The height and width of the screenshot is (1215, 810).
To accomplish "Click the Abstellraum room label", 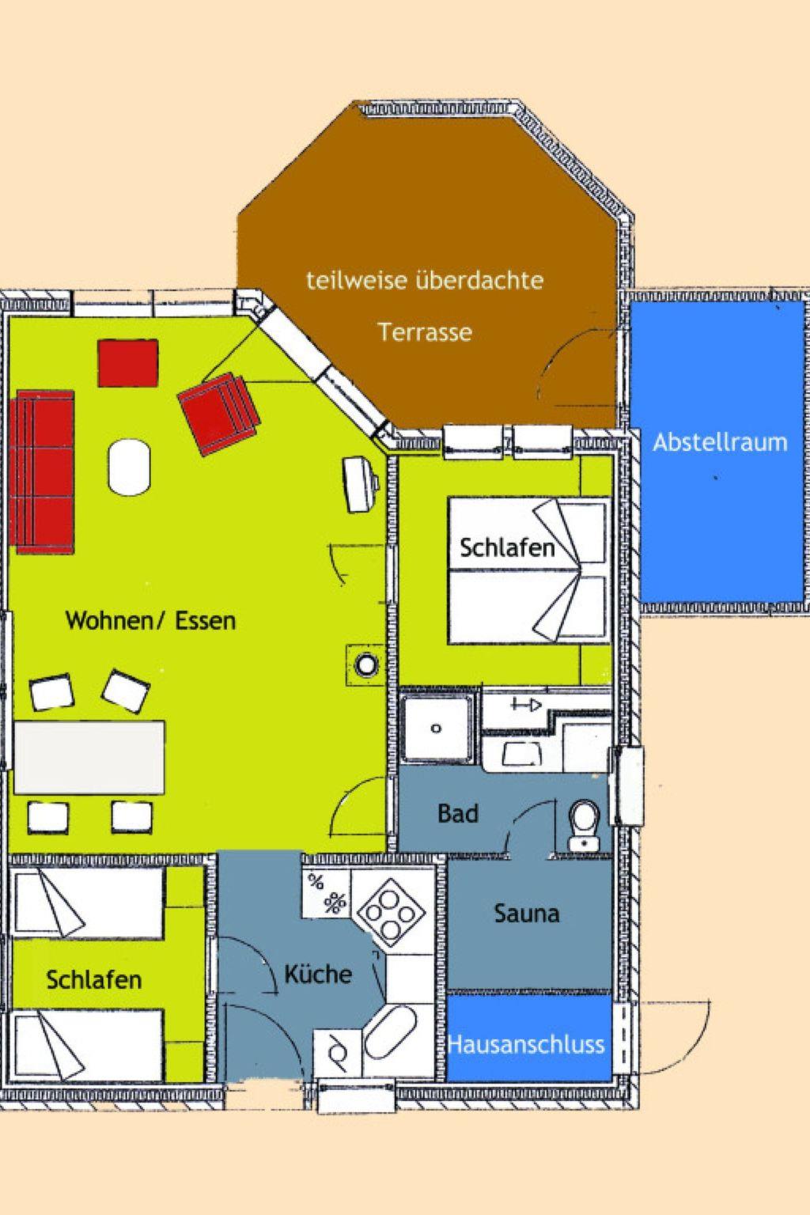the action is click(720, 443).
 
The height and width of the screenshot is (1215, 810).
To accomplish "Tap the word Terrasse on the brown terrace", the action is click(425, 332).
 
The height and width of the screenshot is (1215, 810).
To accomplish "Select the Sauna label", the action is click(527, 914).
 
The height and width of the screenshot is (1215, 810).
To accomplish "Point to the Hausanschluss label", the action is click(526, 1044).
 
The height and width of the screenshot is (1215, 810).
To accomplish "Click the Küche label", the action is click(319, 975).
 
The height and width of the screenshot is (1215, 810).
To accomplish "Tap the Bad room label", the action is click(458, 814).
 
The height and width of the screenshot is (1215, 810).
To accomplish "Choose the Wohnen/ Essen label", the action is click(151, 620).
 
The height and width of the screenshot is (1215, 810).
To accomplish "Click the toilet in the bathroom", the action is click(584, 825).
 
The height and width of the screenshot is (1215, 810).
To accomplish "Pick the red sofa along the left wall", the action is click(41, 471).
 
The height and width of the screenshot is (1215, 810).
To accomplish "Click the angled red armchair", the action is click(219, 413).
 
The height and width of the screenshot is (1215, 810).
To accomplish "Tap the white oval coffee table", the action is click(129, 467).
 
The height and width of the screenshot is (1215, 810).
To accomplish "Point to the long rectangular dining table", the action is click(89, 757).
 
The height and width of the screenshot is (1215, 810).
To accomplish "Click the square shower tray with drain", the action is click(436, 729).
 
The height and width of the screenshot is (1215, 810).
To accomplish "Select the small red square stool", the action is click(128, 363).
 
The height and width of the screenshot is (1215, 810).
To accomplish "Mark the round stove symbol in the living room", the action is click(366, 664).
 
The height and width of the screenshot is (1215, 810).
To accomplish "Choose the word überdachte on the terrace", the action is click(479, 280).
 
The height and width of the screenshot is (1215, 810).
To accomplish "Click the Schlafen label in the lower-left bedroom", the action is click(94, 979).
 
